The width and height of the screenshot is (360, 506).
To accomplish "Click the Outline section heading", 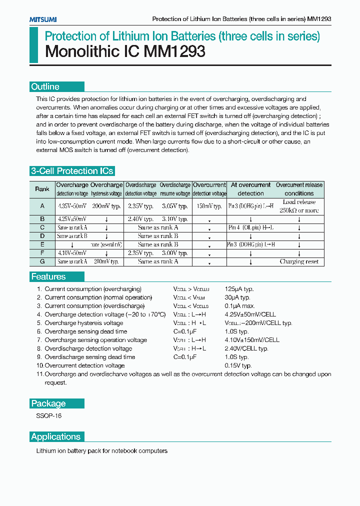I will (45, 87).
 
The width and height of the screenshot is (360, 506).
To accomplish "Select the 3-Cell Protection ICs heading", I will (72, 171).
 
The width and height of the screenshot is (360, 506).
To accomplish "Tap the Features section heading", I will (48, 276).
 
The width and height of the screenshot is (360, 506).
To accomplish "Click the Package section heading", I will (48, 403).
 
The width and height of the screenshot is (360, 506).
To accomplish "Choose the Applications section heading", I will (55, 436).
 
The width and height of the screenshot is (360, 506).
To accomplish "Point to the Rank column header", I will (42, 189).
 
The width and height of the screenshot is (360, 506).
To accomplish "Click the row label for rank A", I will (42, 206).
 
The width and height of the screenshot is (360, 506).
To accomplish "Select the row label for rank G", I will (42, 261).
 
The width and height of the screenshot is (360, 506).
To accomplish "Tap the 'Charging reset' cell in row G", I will (299, 261).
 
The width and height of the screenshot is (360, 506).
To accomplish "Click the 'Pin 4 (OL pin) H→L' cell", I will (250, 227).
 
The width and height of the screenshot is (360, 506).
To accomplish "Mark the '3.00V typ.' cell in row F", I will (175, 253).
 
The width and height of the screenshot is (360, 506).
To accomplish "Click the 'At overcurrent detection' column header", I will (250, 189).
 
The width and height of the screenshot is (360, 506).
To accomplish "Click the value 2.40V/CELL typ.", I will (249, 348).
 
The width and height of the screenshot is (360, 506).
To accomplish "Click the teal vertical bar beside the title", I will (33, 45).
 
